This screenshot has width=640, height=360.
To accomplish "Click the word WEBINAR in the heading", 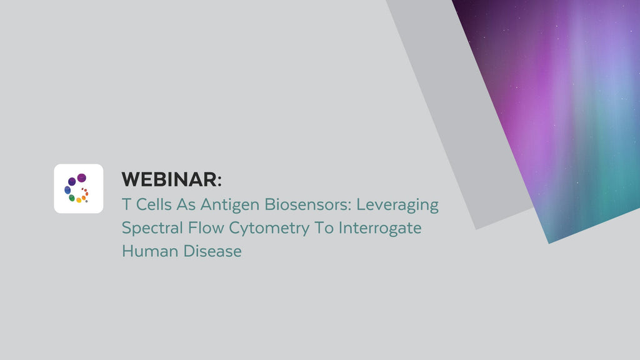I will click(169, 180).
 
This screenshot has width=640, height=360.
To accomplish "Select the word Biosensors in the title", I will click(293, 205).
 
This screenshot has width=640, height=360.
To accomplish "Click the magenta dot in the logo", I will click(82, 178).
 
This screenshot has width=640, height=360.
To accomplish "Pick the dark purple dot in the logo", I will click(72, 181).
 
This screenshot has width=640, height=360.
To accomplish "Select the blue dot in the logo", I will click(67, 190).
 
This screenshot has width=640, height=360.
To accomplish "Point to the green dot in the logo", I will click(72, 197).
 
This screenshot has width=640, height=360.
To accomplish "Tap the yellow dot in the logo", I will click(79, 200).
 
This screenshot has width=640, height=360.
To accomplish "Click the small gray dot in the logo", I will click(86, 201).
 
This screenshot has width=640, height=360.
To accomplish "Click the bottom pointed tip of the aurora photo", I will click(549, 242).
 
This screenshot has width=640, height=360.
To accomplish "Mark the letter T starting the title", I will click(125, 205).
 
